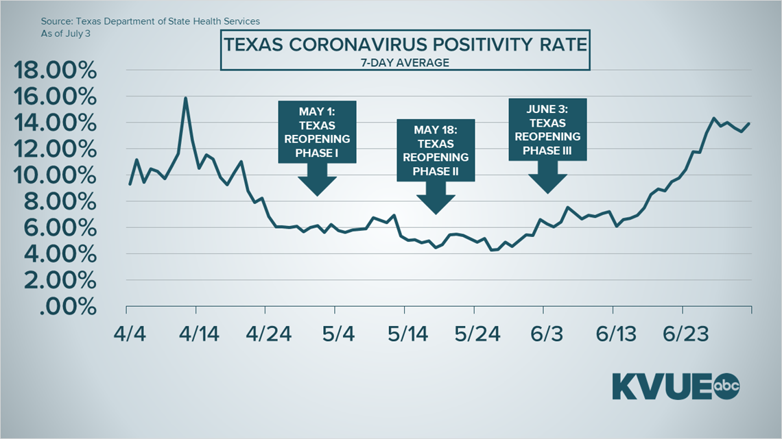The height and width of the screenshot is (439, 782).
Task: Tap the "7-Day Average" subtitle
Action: [x=405, y=63]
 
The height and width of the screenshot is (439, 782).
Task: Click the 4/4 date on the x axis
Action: [x=128, y=334]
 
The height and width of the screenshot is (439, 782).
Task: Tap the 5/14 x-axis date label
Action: [x=408, y=334]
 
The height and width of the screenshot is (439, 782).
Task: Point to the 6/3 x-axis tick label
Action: [x=547, y=334]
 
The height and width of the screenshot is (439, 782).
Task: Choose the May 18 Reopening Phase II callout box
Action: [x=436, y=151]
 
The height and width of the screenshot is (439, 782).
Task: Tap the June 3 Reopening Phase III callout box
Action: [x=547, y=130]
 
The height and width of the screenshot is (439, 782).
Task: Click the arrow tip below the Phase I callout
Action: [x=318, y=195]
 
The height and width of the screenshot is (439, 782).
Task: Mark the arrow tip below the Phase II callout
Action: [x=436, y=213]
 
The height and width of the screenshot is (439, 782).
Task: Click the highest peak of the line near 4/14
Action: [x=185, y=98]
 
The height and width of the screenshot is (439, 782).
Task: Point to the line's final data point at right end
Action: [x=749, y=124]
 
